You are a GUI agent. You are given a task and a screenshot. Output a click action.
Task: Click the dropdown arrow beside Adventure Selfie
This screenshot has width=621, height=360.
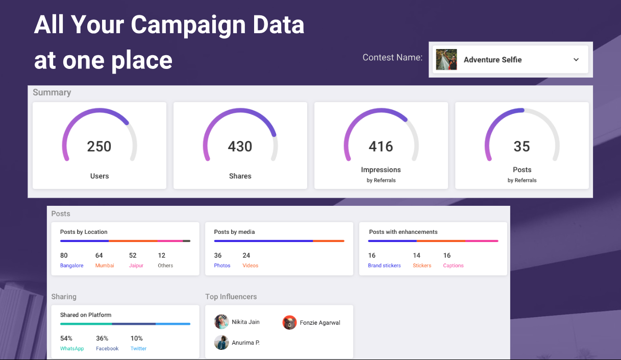click(576, 60)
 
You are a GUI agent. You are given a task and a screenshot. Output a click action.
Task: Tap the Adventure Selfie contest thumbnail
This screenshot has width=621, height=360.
click(446, 60)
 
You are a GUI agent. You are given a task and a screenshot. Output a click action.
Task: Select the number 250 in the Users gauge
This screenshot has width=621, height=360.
click(99, 147)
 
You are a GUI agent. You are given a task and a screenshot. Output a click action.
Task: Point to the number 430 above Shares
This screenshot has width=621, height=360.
click(240, 147)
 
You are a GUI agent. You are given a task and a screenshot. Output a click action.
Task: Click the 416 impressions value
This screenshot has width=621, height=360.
click(381, 147)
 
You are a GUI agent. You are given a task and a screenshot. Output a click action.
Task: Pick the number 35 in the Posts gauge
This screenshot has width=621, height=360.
click(521, 147)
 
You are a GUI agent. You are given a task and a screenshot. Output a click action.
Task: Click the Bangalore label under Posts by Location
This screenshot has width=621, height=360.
click(72, 266)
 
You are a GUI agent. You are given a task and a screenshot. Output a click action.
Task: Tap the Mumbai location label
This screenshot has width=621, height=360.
click(105, 266)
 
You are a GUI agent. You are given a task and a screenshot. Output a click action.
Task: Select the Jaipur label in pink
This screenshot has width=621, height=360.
click(136, 266)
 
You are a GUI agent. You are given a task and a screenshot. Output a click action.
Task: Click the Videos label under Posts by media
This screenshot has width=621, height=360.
click(251, 266)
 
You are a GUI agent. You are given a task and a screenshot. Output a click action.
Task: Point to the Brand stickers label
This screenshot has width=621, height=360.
click(384, 266)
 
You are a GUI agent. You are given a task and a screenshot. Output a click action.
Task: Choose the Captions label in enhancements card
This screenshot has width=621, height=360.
click(453, 266)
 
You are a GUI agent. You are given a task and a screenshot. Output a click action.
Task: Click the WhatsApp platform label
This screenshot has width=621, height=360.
click(72, 348)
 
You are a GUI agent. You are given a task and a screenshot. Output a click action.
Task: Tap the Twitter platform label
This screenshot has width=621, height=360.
click(138, 348)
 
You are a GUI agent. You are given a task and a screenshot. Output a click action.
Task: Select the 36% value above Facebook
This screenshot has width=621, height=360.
click(102, 339)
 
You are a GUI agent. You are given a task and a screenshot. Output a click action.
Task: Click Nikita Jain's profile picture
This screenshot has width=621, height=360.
click(221, 322)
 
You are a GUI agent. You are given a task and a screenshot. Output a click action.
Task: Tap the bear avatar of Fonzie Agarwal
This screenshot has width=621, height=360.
click(289, 323)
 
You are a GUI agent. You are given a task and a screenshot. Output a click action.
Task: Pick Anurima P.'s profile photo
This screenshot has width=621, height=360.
click(221, 343)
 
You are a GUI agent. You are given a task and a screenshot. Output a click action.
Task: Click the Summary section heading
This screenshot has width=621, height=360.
click(52, 92)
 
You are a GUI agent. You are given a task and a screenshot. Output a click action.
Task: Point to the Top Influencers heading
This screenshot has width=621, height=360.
click(231, 297)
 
